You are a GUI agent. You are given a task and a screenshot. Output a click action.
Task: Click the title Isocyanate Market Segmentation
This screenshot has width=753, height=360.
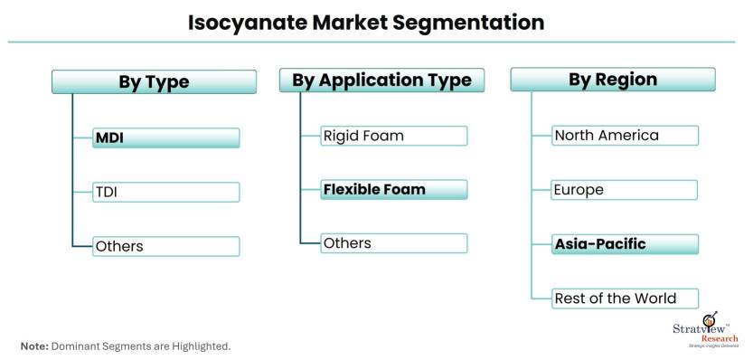[x=366, y=22]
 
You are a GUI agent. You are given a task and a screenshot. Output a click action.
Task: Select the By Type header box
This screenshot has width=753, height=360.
[x=154, y=82]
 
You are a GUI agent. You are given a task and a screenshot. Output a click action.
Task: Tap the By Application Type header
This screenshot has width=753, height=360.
[x=381, y=80]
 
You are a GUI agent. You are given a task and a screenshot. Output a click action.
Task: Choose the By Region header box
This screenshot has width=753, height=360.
[x=612, y=80]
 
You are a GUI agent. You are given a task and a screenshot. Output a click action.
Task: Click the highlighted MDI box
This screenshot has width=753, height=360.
[x=166, y=137]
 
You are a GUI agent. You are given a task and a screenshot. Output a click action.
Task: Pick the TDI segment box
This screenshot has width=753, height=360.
[x=166, y=192]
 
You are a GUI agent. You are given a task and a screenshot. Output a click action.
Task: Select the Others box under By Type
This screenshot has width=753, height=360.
[x=166, y=246]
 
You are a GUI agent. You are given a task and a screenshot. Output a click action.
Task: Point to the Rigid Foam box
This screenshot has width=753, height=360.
[x=394, y=136]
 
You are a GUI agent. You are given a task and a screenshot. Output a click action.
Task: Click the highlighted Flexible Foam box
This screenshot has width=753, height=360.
[x=394, y=189]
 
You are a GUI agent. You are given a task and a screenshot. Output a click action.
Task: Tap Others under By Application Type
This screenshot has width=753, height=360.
[x=394, y=242]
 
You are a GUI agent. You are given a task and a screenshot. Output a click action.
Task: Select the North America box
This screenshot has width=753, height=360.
[x=626, y=136]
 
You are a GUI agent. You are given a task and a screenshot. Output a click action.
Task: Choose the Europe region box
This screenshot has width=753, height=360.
[x=626, y=190]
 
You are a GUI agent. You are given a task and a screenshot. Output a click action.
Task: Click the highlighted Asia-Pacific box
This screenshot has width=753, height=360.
[x=626, y=244]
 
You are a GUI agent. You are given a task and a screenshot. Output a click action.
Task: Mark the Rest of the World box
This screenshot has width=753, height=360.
[x=626, y=298]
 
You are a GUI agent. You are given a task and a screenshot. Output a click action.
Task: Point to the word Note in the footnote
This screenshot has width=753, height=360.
[x=33, y=346]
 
